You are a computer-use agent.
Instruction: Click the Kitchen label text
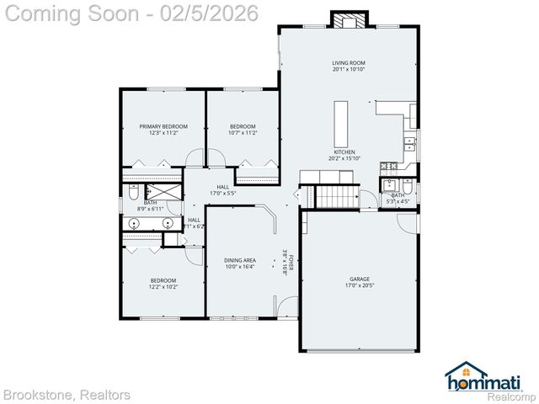(x=344, y=152)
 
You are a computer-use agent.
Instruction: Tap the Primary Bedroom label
(x=163, y=126)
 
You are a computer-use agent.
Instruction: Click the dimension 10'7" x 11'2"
(x=243, y=133)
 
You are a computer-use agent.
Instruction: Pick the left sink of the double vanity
(x=134, y=224)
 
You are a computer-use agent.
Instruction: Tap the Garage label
(x=360, y=279)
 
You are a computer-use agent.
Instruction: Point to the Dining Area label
(x=240, y=260)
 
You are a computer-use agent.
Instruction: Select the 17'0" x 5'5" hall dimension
(x=222, y=194)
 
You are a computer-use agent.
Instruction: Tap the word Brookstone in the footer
(x=38, y=395)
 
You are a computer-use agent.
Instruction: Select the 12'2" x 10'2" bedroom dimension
(x=163, y=287)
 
